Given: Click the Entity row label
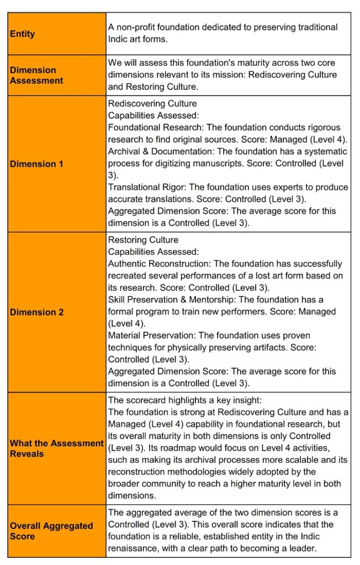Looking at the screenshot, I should tap(23, 34).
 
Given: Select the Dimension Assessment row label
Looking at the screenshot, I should tap(36, 75).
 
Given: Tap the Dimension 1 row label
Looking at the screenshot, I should tap(33, 164).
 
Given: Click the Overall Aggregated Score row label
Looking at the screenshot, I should tap(51, 531).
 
